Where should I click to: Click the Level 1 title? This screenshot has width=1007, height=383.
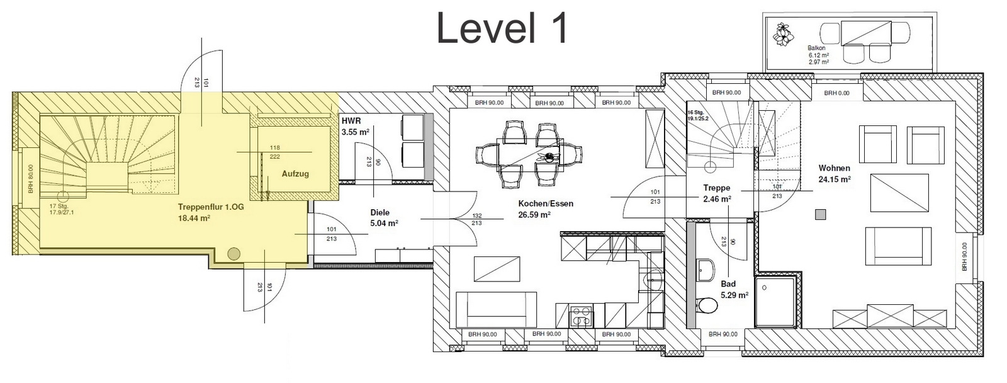click(x=502, y=28)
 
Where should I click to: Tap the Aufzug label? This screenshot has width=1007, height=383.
click(x=295, y=174)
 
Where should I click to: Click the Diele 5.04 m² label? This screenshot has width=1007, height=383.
click(x=385, y=217)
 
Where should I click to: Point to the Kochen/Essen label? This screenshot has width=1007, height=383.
click(x=546, y=203)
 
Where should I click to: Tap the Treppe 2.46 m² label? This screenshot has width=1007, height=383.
click(x=717, y=193)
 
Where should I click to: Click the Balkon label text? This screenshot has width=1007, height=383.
click(x=816, y=48)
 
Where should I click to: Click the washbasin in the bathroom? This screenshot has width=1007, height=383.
click(x=707, y=270)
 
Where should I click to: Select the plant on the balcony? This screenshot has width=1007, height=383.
click(x=783, y=35)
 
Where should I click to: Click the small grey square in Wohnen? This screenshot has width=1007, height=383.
click(x=821, y=215)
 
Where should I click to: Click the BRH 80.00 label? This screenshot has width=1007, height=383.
click(x=31, y=179)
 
